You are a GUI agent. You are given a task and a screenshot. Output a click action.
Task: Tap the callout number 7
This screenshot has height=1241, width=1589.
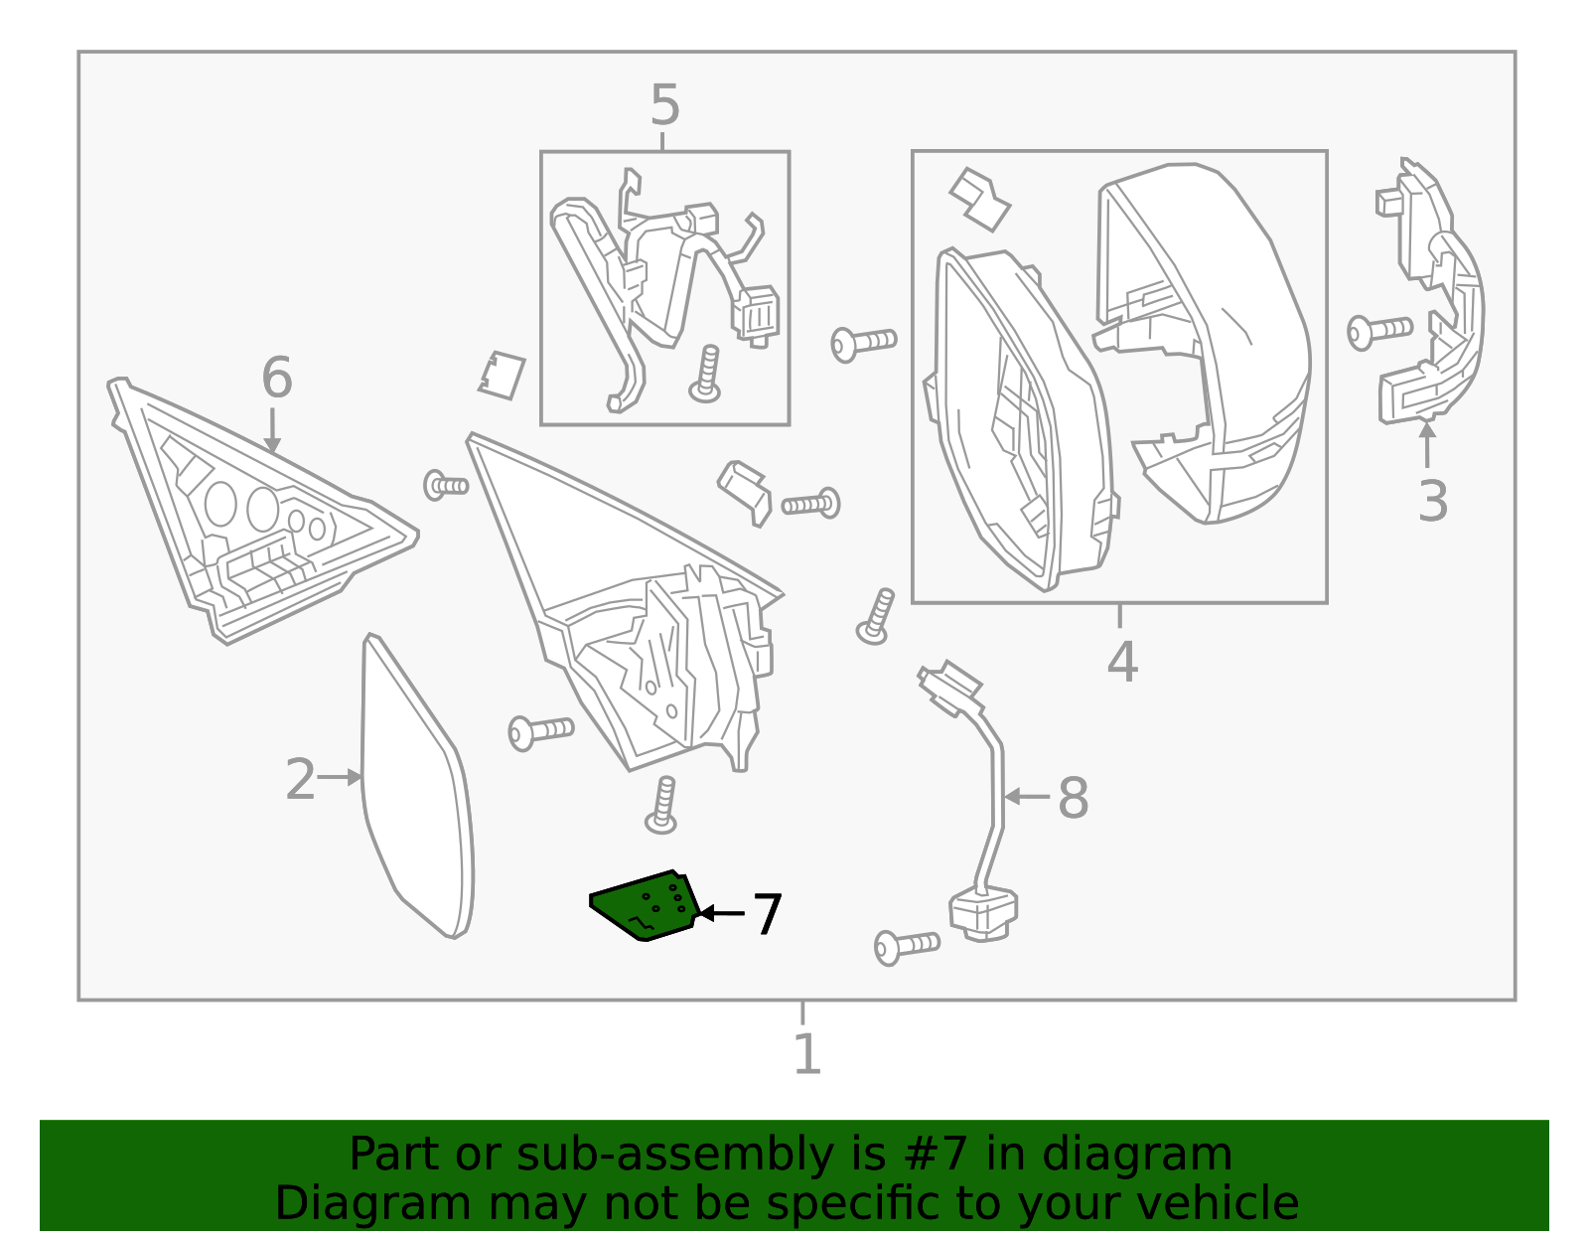pyautogui.click(x=767, y=915)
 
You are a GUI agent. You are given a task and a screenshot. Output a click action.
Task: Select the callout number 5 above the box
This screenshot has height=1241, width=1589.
pyautogui.click(x=664, y=105)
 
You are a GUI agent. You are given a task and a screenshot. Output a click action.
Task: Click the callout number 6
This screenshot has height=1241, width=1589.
pyautogui.click(x=276, y=379)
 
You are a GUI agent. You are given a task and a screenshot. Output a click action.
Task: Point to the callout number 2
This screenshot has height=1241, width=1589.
pyautogui.click(x=300, y=780)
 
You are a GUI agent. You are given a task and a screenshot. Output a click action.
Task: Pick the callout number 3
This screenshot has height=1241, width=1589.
pyautogui.click(x=1432, y=502)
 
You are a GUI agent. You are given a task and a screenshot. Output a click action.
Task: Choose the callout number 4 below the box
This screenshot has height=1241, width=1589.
pyautogui.click(x=1122, y=662)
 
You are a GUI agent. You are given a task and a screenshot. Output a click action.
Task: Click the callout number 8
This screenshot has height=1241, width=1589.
pyautogui.click(x=1073, y=798)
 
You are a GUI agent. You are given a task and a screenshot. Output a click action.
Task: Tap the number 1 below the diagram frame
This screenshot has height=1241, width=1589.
pyautogui.click(x=806, y=1055)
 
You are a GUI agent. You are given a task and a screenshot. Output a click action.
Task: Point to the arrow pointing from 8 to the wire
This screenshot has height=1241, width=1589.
pyautogui.click(x=1027, y=797)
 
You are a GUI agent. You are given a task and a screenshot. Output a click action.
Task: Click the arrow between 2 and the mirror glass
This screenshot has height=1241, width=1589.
pyautogui.click(x=340, y=778)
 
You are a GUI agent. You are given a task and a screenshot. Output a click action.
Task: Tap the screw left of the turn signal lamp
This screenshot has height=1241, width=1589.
pyautogui.click(x=1378, y=331)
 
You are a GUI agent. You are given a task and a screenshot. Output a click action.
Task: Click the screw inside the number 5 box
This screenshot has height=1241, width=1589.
pyautogui.click(x=705, y=375)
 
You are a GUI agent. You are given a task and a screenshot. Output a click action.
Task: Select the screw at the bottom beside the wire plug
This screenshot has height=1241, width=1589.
pyautogui.click(x=906, y=946)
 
